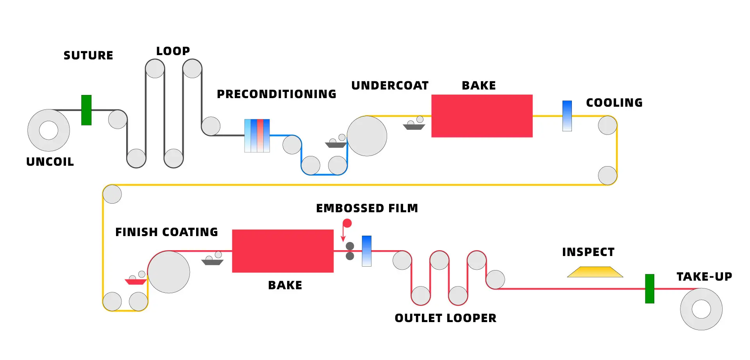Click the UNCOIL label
(x=50, y=162)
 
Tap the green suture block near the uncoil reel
(x=86, y=110)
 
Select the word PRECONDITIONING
(x=277, y=94)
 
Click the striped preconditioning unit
(x=257, y=136)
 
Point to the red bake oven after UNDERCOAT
(x=482, y=116)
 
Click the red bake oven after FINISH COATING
(x=283, y=251)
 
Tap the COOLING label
(x=614, y=103)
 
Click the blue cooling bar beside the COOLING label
(x=567, y=116)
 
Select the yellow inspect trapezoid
(x=595, y=272)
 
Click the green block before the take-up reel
(x=650, y=288)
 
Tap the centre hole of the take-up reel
(x=701, y=309)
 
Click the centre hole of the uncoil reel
(x=49, y=130)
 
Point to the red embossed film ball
(x=347, y=223)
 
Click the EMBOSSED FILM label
(x=367, y=208)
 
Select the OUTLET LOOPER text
(x=445, y=318)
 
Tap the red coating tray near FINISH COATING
(x=136, y=281)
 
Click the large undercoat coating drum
(x=367, y=136)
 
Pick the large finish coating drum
(x=169, y=272)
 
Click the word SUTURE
(x=88, y=56)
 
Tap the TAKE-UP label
(x=704, y=277)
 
